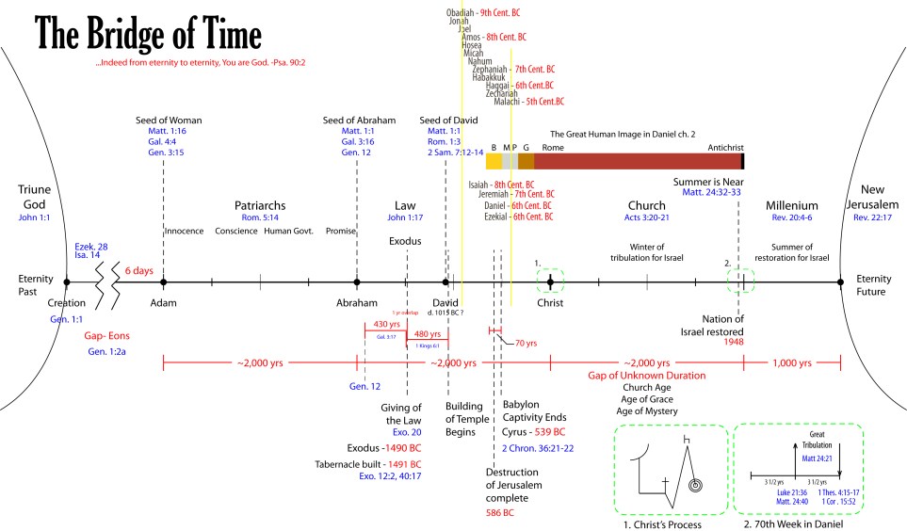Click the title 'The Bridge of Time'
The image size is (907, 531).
[x=149, y=34]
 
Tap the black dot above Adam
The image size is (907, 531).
[x=164, y=282]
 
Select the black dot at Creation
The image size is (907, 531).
[x=66, y=282]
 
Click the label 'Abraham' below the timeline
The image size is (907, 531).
[x=357, y=303]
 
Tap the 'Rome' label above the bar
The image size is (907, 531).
[x=553, y=147]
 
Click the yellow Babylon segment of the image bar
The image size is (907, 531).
[x=494, y=161]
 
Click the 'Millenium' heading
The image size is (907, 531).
[x=792, y=205]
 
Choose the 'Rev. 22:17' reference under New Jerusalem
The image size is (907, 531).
[x=873, y=218]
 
